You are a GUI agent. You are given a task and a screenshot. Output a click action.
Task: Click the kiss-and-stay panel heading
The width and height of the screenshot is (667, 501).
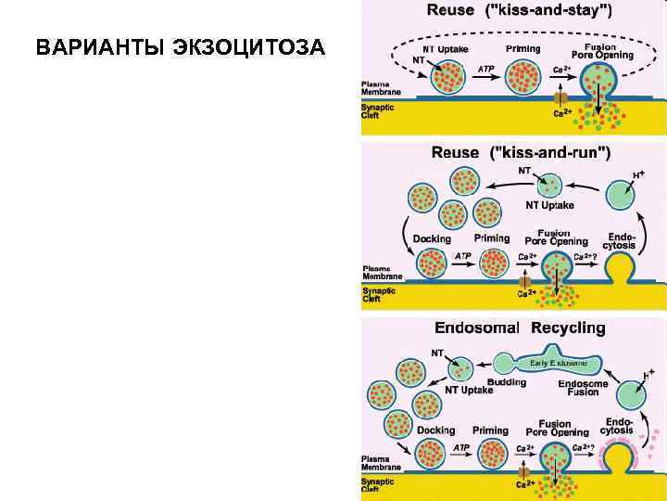(519, 12)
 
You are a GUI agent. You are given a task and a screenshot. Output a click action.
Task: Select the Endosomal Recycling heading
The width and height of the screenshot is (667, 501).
(520, 328)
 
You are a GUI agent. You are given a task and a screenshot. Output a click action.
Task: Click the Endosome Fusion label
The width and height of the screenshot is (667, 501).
(583, 388)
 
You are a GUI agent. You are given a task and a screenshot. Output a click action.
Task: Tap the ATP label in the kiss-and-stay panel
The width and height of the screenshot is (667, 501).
(485, 69)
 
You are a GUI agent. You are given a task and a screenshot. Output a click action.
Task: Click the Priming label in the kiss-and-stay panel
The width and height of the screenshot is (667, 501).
(523, 48)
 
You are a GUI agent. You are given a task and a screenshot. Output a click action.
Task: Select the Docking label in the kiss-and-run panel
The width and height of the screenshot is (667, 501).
(432, 239)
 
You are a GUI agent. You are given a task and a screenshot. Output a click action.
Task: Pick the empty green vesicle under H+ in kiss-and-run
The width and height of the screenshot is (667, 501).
(622, 197)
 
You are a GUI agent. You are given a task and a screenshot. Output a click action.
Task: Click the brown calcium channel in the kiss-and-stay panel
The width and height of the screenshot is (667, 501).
(560, 96)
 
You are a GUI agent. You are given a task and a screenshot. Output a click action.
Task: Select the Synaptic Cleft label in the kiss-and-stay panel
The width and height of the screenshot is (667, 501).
(377, 110)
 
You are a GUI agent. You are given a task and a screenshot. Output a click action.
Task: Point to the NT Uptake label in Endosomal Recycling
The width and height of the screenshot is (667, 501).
(470, 391)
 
